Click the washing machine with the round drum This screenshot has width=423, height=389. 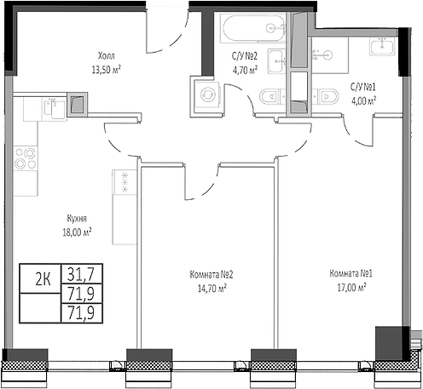(x=206, y=94)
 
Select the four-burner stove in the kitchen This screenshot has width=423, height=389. (x=26, y=158)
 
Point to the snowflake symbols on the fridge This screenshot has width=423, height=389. (x=125, y=180)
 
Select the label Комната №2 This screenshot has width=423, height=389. (x=208, y=275)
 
